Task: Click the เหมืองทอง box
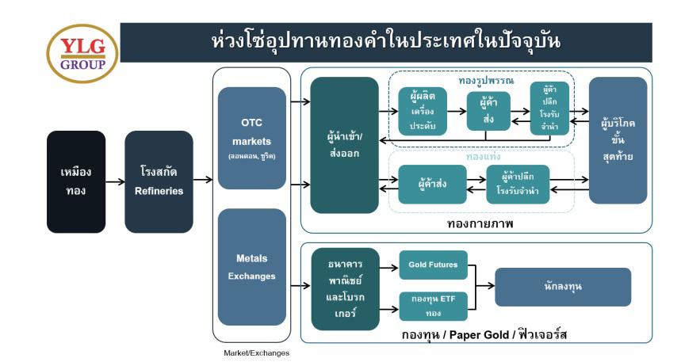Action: pos(75,181)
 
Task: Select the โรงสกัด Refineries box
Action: pos(159,181)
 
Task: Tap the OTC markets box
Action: pos(251,138)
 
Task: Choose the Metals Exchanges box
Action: pos(251,267)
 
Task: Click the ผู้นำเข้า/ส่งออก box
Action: pos(344,145)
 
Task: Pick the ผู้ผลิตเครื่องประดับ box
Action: pos(423,111)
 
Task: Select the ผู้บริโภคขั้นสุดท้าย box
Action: pos(618,140)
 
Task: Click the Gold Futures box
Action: pos(434,265)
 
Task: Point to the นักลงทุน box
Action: pos(563,287)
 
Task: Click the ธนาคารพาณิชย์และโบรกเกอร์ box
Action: pos(344,288)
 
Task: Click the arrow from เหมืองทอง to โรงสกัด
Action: pos(115,181)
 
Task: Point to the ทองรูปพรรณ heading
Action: pos(486,81)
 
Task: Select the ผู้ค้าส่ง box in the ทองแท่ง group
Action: pos(432,185)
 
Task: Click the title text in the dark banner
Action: pos(386,41)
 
